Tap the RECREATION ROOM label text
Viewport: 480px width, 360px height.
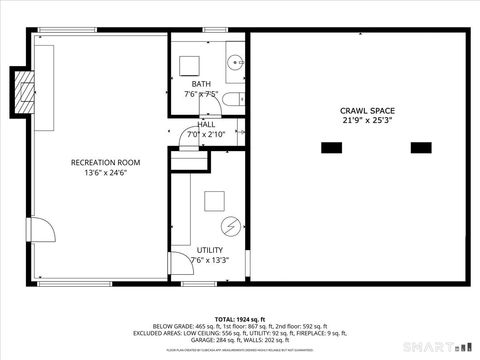coord(105,162)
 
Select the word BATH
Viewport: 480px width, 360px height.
coord(201,84)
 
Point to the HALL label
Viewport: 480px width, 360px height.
coord(206,124)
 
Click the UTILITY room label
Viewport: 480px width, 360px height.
coord(210,250)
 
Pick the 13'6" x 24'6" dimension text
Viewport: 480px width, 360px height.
coord(105,173)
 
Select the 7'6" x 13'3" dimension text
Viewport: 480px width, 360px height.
coord(209,260)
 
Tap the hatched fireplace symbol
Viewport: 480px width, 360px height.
coord(21,91)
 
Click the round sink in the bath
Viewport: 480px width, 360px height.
coord(233,63)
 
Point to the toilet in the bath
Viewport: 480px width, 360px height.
coord(229,97)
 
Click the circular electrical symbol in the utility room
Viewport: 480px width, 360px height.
coord(231,226)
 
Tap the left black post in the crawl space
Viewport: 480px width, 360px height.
coord(331,148)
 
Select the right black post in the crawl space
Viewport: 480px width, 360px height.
coord(422,148)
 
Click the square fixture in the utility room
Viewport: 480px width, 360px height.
coord(215,201)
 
